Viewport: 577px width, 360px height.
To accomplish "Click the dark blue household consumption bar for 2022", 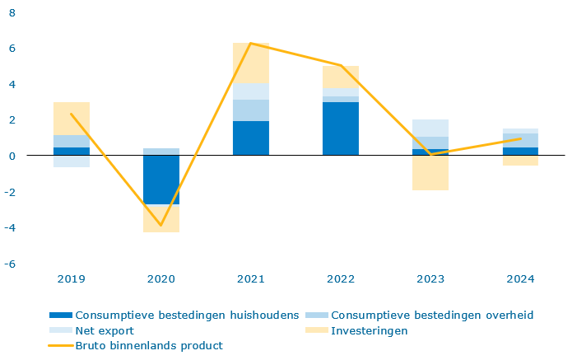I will [x=341, y=129].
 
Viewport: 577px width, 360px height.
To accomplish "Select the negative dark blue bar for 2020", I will [x=161, y=180].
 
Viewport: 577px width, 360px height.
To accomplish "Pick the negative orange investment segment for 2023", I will [x=430, y=173].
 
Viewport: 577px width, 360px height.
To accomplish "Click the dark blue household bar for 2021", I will [x=251, y=138].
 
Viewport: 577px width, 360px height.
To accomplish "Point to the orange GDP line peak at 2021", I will [x=250, y=44].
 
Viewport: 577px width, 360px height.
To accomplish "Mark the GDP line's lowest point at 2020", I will [x=161, y=225].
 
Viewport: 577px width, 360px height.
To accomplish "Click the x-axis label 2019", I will [x=72, y=279].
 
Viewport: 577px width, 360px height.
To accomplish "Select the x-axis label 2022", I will [x=341, y=279].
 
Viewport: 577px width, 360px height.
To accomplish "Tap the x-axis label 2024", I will [x=520, y=279].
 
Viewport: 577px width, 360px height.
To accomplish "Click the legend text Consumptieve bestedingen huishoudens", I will [x=187, y=315].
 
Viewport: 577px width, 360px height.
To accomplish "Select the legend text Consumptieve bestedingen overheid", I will [x=433, y=315].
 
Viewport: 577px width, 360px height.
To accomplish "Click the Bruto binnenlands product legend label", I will [x=149, y=346].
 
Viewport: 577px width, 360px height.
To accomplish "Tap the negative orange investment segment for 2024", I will [x=520, y=161].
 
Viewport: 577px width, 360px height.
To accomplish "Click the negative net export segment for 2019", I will [x=72, y=161].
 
